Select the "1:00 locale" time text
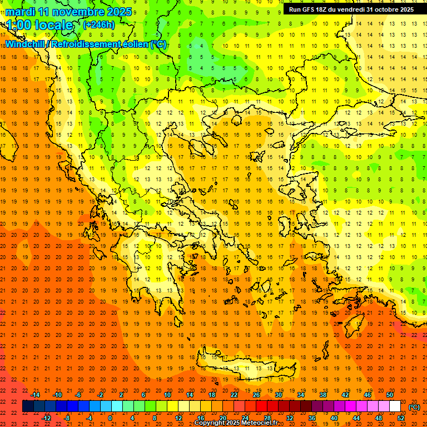(39, 25)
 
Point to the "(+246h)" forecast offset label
(99, 25)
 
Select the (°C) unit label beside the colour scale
(414, 407)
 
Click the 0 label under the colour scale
(110, 418)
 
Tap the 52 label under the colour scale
(401, 418)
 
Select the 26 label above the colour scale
(256, 395)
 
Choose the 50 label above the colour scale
(390, 395)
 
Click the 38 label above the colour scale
(323, 395)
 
